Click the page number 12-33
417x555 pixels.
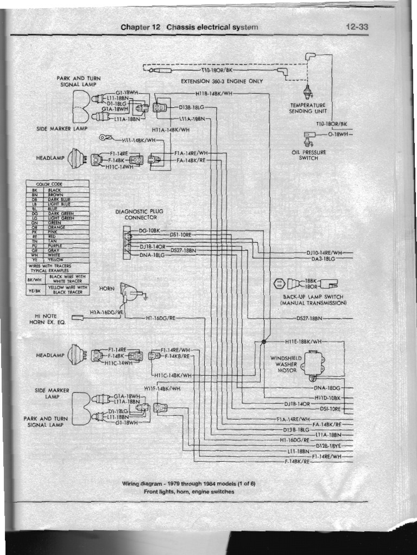(x=356, y=27)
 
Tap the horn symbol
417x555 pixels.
(x=129, y=293)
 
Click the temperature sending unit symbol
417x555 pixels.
(x=308, y=89)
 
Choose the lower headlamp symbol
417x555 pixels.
(x=75, y=356)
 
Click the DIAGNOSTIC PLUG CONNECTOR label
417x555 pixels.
(x=139, y=214)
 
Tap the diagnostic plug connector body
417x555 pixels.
(x=127, y=241)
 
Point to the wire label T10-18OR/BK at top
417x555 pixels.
(x=217, y=70)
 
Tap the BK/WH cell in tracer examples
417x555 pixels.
(x=34, y=279)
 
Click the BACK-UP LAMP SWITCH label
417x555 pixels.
(x=313, y=297)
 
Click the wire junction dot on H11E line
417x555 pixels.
(x=263, y=341)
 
